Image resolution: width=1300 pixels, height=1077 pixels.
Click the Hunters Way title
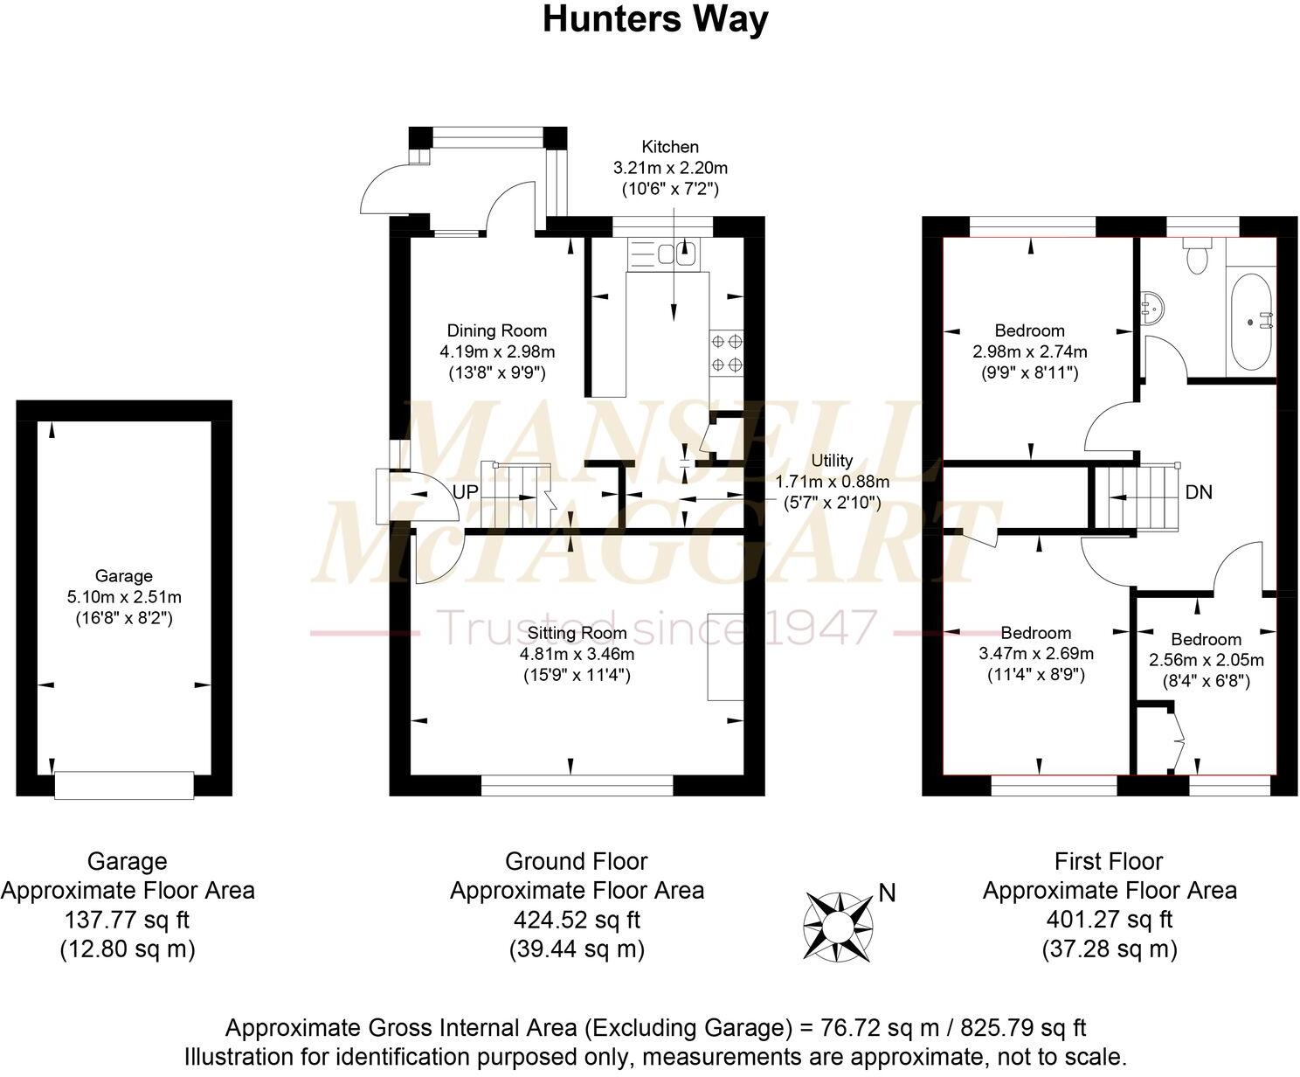(x=655, y=18)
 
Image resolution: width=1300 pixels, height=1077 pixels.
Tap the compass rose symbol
(x=839, y=925)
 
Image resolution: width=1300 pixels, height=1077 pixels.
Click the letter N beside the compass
(x=887, y=893)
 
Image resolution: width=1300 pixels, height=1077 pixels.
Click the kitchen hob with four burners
(x=727, y=352)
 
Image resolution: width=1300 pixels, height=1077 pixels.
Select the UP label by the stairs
(x=466, y=493)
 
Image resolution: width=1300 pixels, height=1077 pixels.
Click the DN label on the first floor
(x=1199, y=493)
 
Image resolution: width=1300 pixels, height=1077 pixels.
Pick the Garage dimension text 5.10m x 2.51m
(x=124, y=598)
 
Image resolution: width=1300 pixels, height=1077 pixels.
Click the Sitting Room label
(x=577, y=633)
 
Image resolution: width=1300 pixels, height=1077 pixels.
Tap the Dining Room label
(x=497, y=330)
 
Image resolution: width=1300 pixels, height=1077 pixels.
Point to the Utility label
(x=832, y=461)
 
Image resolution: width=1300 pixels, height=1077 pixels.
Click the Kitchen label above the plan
(x=670, y=147)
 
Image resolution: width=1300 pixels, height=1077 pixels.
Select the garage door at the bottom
(x=124, y=784)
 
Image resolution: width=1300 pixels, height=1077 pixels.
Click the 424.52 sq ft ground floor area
(x=577, y=920)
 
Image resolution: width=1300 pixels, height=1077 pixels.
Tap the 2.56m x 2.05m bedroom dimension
(x=1206, y=660)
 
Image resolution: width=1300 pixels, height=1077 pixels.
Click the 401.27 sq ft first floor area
(x=1110, y=920)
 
